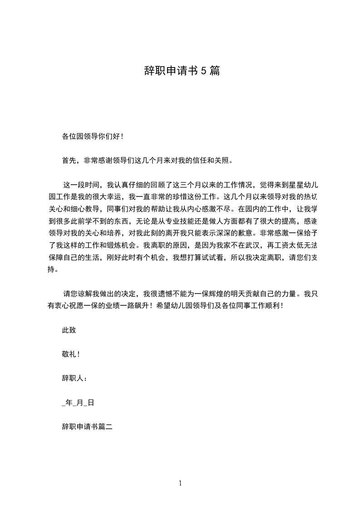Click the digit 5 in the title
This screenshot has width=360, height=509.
[x=203, y=71]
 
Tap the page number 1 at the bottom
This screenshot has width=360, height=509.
[x=180, y=484]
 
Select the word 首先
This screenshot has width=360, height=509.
[x=69, y=160]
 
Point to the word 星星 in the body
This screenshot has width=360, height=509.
[x=299, y=185]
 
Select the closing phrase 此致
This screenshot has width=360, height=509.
[x=69, y=330]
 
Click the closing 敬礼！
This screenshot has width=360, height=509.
[x=71, y=354]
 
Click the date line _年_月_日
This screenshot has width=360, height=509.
[x=78, y=402]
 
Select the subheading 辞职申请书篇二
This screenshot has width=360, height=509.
[x=87, y=426]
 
